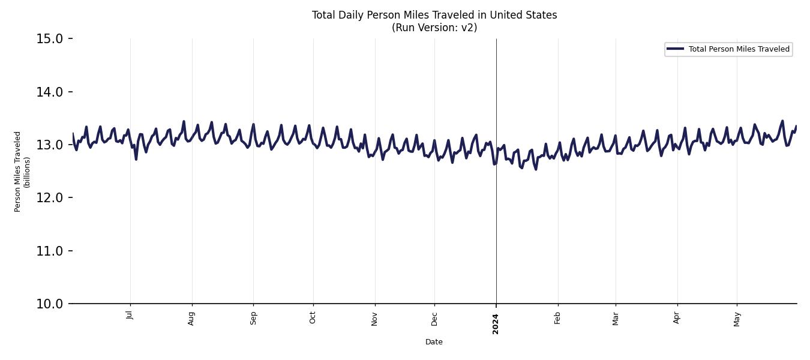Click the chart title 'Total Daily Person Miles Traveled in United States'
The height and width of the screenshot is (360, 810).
[x=434, y=15]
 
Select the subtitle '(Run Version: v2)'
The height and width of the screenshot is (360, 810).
[x=434, y=28]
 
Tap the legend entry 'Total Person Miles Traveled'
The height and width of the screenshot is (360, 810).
[x=739, y=49]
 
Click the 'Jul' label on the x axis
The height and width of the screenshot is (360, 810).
[x=130, y=315]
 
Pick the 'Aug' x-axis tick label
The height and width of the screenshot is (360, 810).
[x=192, y=317]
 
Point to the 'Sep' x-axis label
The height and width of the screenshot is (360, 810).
[x=253, y=317]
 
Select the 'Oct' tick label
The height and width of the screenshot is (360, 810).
[x=313, y=317]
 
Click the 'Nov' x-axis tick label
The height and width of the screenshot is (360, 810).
[x=375, y=317]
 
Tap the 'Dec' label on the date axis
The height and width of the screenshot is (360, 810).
[x=434, y=317]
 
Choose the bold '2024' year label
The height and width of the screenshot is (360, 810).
[x=496, y=323]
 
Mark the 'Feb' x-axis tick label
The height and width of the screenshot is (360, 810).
[x=558, y=317]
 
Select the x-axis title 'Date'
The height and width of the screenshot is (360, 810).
[x=434, y=342]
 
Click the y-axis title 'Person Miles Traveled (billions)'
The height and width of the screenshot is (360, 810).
[x=22, y=172]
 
